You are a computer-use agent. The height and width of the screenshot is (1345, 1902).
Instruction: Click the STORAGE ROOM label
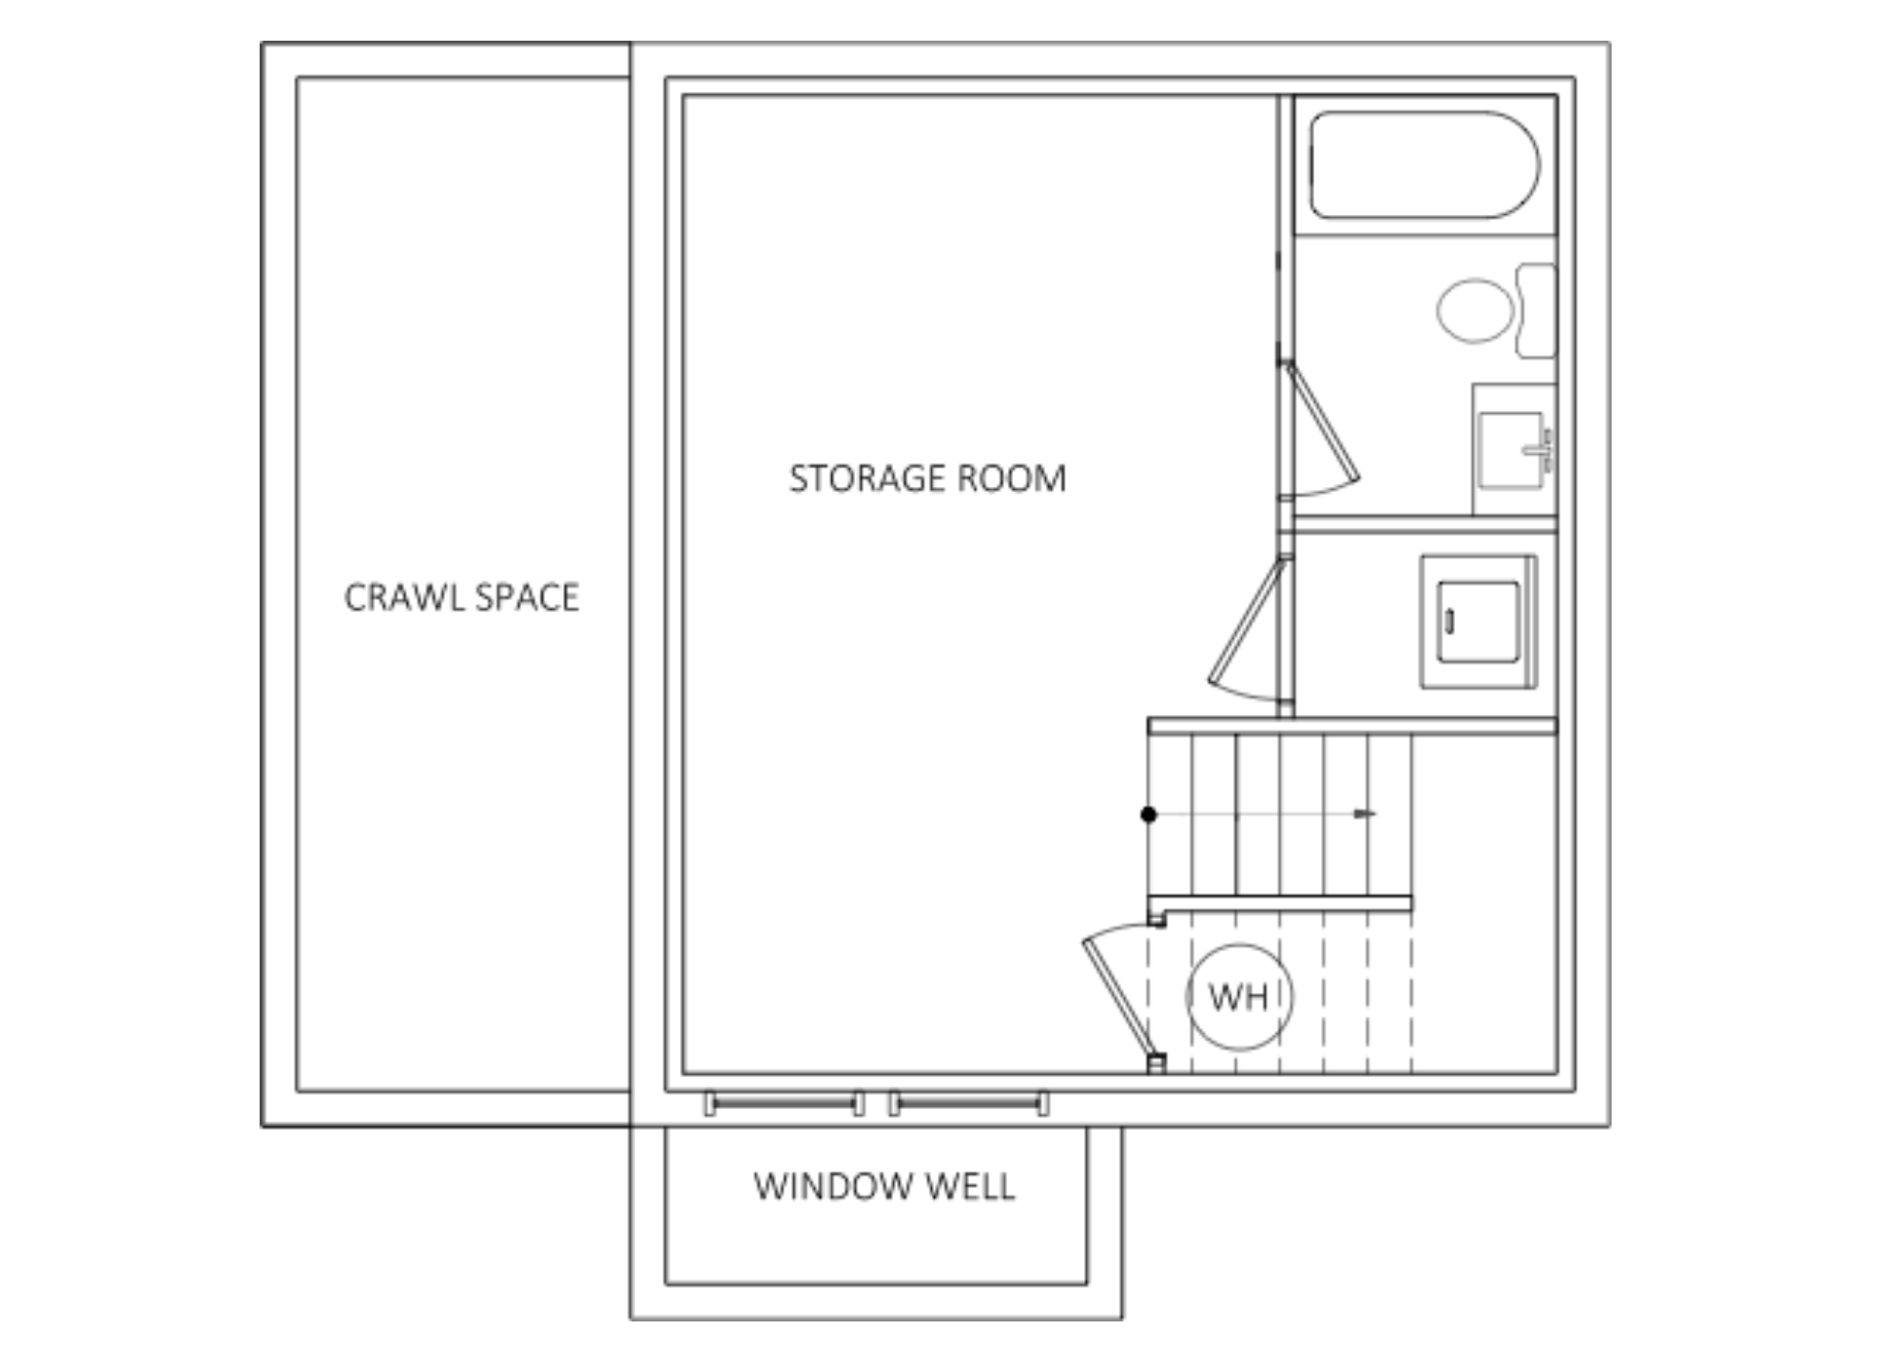(927, 478)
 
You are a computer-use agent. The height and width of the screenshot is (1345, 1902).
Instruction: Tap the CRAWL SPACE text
(461, 597)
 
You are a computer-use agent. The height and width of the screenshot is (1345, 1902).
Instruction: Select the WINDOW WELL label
(884, 1186)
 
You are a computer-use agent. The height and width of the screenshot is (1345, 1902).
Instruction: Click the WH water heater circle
(1239, 997)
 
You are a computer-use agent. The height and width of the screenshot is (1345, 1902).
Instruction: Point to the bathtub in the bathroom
(1425, 165)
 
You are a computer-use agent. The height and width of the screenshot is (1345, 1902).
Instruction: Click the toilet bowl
(1475, 310)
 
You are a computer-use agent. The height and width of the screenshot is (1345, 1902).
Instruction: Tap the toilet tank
(1536, 310)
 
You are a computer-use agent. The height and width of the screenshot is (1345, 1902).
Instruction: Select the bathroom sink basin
(1510, 450)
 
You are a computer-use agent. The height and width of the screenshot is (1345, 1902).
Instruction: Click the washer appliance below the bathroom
(1479, 622)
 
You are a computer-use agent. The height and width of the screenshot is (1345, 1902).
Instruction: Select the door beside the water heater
(1118, 993)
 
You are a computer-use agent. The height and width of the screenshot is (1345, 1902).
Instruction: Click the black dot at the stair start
(1149, 814)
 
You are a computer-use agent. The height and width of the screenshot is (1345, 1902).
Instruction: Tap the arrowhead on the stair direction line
(1366, 814)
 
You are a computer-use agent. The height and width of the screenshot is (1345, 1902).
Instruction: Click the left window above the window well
(785, 1103)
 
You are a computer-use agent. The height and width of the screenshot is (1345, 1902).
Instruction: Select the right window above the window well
(969, 1103)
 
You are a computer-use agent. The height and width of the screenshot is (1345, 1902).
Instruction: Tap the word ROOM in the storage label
(1012, 478)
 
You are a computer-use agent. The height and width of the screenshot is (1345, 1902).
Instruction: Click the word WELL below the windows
(971, 1186)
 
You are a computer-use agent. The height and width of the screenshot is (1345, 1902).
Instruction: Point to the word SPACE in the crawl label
(527, 597)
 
